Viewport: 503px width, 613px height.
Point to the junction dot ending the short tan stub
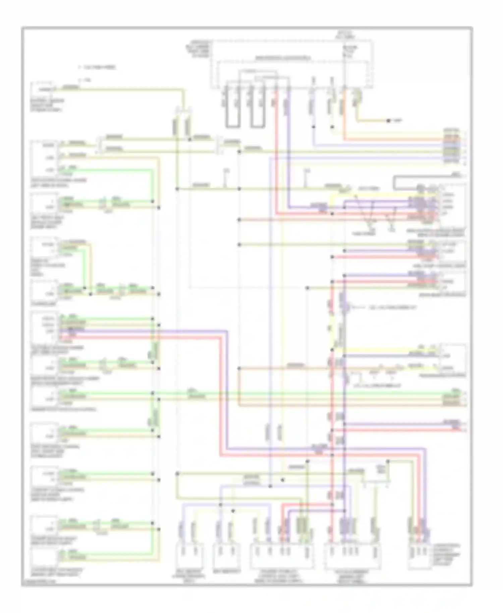tap(388, 121)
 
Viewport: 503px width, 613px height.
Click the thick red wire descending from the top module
tap(276, 151)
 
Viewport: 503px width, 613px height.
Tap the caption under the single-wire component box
tap(47, 105)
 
